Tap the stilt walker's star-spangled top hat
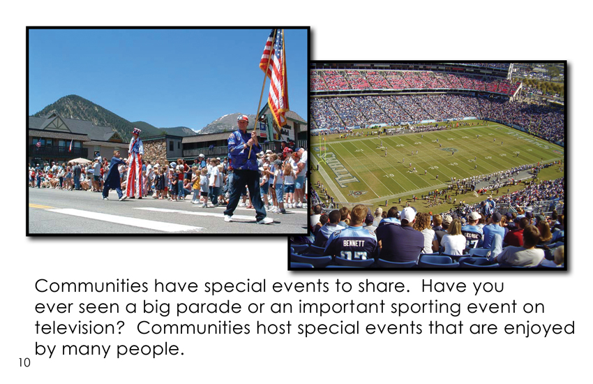[136, 132]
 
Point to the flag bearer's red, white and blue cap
[242, 119]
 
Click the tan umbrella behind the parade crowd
[80, 161]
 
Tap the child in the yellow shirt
[196, 185]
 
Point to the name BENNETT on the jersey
[354, 243]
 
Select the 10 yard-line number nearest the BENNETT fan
[389, 175]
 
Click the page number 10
[24, 362]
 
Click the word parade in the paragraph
[209, 307]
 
